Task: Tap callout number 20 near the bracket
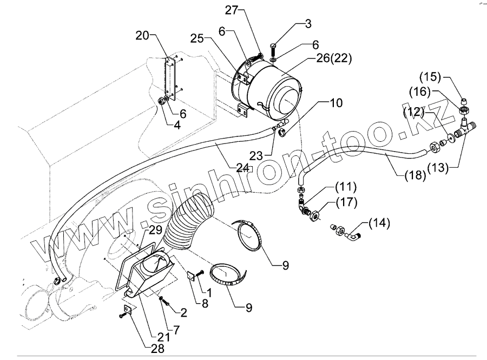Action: pyautogui.click(x=142, y=36)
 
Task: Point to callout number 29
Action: pyautogui.click(x=155, y=230)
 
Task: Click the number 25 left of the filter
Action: pyautogui.click(x=197, y=38)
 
